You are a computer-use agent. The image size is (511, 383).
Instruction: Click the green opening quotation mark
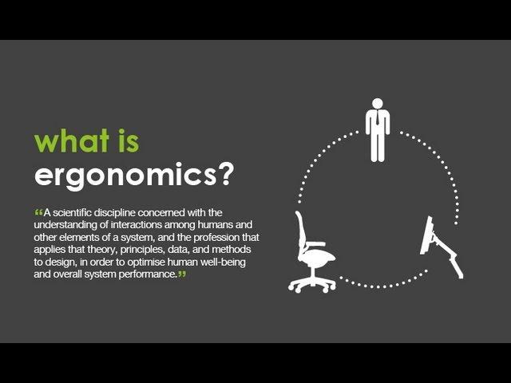39,212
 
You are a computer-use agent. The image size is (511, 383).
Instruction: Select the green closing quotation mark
182,274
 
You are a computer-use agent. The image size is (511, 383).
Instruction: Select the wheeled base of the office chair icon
312,282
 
